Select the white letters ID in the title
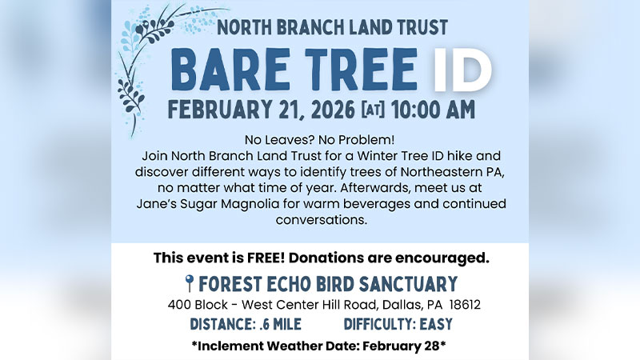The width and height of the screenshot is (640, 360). tap(462, 71)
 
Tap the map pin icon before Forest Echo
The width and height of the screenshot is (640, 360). tap(189, 283)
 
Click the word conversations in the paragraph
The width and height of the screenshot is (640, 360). tap(320, 219)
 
